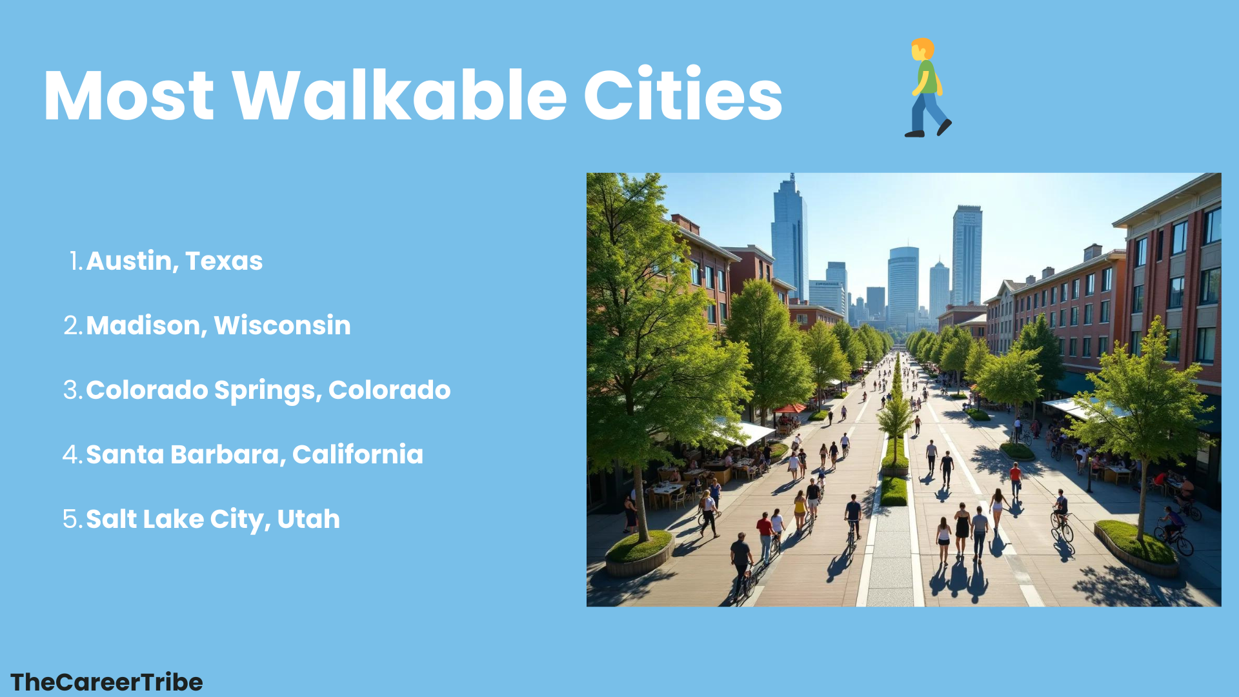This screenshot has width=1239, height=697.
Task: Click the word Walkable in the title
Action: tap(400, 96)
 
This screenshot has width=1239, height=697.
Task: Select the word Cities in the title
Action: tap(683, 94)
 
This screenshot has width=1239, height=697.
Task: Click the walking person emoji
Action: tap(928, 88)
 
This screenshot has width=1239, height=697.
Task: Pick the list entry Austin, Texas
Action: tap(174, 261)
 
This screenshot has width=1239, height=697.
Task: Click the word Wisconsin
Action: tap(283, 325)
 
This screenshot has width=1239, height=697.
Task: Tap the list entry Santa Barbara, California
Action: tap(254, 454)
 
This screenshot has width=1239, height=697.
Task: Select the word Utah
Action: tap(308, 519)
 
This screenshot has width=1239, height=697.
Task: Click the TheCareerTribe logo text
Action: tap(106, 682)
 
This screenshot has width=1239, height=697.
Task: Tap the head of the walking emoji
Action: tap(923, 49)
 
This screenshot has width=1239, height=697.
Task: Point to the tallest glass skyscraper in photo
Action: tap(789, 239)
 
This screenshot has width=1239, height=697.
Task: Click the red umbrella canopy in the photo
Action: tap(790, 408)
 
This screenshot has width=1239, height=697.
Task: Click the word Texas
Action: tap(224, 261)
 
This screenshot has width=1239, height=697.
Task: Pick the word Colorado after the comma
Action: tap(389, 390)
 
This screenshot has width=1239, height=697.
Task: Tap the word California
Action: tap(358, 454)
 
